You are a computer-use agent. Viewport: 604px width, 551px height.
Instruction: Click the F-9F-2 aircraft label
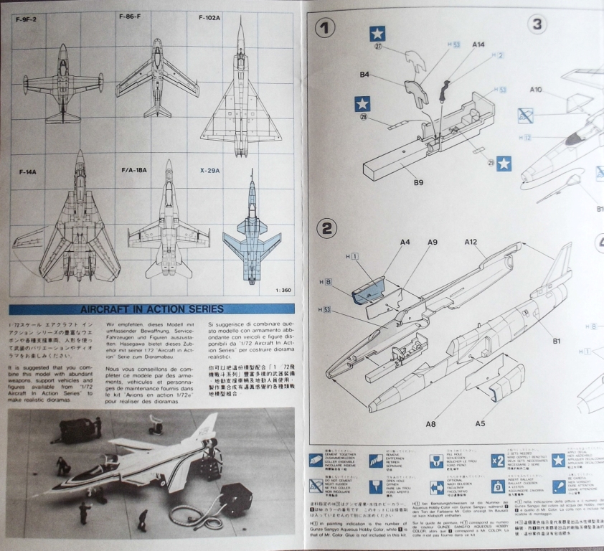click(x=30, y=19)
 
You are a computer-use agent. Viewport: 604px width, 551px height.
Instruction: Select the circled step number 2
click(x=326, y=228)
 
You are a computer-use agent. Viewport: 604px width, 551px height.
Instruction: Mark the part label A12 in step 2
click(x=471, y=242)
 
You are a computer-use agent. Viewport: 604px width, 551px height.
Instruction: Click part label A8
click(x=430, y=424)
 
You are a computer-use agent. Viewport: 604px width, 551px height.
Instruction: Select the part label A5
click(x=499, y=423)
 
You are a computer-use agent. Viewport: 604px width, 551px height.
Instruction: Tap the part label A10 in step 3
click(x=536, y=90)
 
